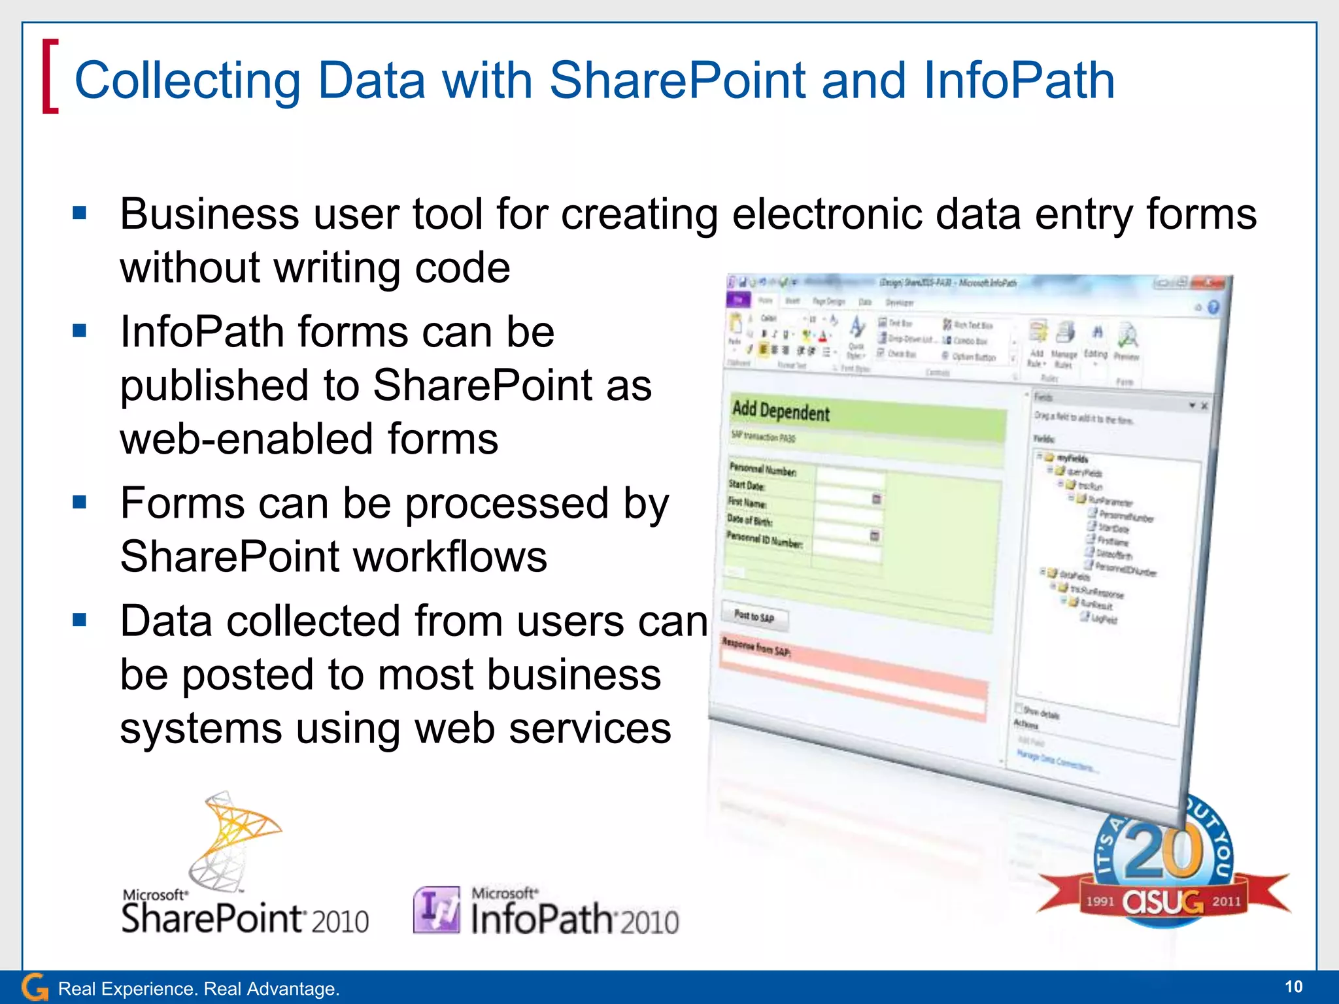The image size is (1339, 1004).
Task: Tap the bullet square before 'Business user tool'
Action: pyautogui.click(x=80, y=213)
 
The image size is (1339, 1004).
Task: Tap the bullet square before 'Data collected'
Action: pyautogui.click(x=80, y=620)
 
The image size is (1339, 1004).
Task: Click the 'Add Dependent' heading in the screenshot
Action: pyautogui.click(x=781, y=411)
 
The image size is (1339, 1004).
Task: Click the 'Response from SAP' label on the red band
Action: pyautogui.click(x=756, y=646)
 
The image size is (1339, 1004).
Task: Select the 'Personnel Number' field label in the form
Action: pyautogui.click(x=762, y=469)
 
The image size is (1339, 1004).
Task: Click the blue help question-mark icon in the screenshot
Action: pyautogui.click(x=1213, y=307)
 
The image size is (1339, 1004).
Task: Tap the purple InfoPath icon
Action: pyautogui.click(x=436, y=909)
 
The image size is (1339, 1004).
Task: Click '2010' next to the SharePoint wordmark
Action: pyautogui.click(x=339, y=922)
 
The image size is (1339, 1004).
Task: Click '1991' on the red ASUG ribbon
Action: pyautogui.click(x=1100, y=901)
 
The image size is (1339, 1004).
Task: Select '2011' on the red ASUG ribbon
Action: pyautogui.click(x=1226, y=901)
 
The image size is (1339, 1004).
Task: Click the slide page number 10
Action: pyautogui.click(x=1293, y=986)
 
